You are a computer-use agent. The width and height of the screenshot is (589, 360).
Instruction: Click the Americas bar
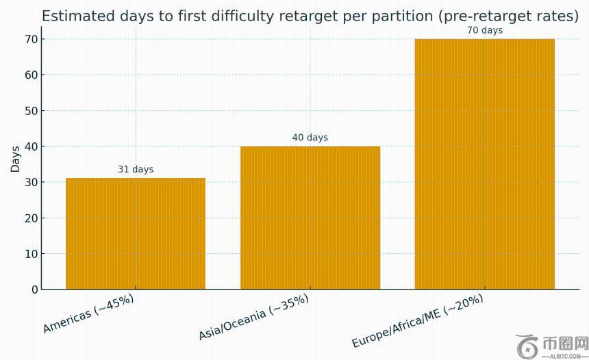pyautogui.click(x=136, y=233)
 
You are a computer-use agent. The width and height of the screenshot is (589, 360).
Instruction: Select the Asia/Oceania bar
pyautogui.click(x=310, y=218)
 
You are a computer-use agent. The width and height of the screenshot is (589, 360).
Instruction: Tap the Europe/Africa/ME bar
pyautogui.click(x=485, y=164)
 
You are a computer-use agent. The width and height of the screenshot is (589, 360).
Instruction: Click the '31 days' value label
pyautogui.click(x=136, y=169)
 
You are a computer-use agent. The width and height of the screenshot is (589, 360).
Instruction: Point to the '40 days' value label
pyautogui.click(x=310, y=138)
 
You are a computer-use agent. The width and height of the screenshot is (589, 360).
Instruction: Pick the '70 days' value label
pyautogui.click(x=485, y=30)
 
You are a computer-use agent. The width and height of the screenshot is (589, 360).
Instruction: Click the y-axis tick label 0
pyautogui.click(x=34, y=290)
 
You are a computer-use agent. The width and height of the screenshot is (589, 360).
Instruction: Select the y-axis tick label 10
pyautogui.click(x=31, y=254)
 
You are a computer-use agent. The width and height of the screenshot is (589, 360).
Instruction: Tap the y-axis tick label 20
pyautogui.click(x=31, y=218)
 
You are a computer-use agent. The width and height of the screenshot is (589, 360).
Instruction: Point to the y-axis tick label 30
pyautogui.click(x=31, y=182)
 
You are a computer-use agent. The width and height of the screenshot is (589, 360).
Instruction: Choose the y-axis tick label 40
pyautogui.click(x=31, y=146)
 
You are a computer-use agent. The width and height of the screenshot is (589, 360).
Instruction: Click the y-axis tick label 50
pyautogui.click(x=31, y=111)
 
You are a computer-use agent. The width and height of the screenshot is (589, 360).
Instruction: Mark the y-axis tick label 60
pyautogui.click(x=31, y=75)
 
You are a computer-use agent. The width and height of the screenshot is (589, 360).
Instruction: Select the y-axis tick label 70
pyautogui.click(x=31, y=39)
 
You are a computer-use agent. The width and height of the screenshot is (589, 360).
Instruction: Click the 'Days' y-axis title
pyautogui.click(x=15, y=158)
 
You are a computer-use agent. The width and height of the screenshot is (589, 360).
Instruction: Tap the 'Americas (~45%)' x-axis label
pyautogui.click(x=88, y=313)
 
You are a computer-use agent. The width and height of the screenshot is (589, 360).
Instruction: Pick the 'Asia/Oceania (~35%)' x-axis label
pyautogui.click(x=253, y=318)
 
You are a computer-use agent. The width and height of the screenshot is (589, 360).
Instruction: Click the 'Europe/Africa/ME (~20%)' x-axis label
pyautogui.click(x=418, y=321)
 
